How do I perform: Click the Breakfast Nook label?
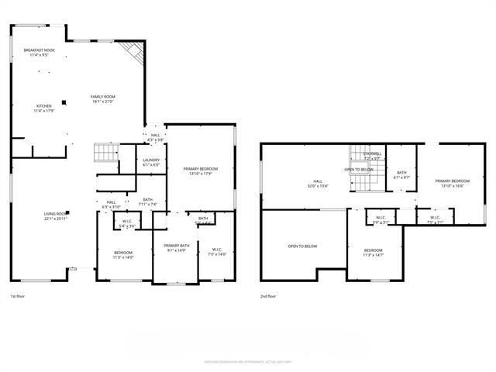click(38, 50)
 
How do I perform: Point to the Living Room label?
click(55, 214)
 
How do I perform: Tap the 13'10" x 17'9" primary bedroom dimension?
click(201, 174)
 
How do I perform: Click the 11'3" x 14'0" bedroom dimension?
click(123, 257)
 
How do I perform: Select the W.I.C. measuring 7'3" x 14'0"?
click(217, 254)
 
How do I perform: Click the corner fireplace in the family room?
click(136, 53)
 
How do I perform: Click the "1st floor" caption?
click(19, 296)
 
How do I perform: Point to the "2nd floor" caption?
click(269, 296)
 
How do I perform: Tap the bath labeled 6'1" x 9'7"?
click(401, 177)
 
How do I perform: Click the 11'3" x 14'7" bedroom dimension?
click(374, 254)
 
